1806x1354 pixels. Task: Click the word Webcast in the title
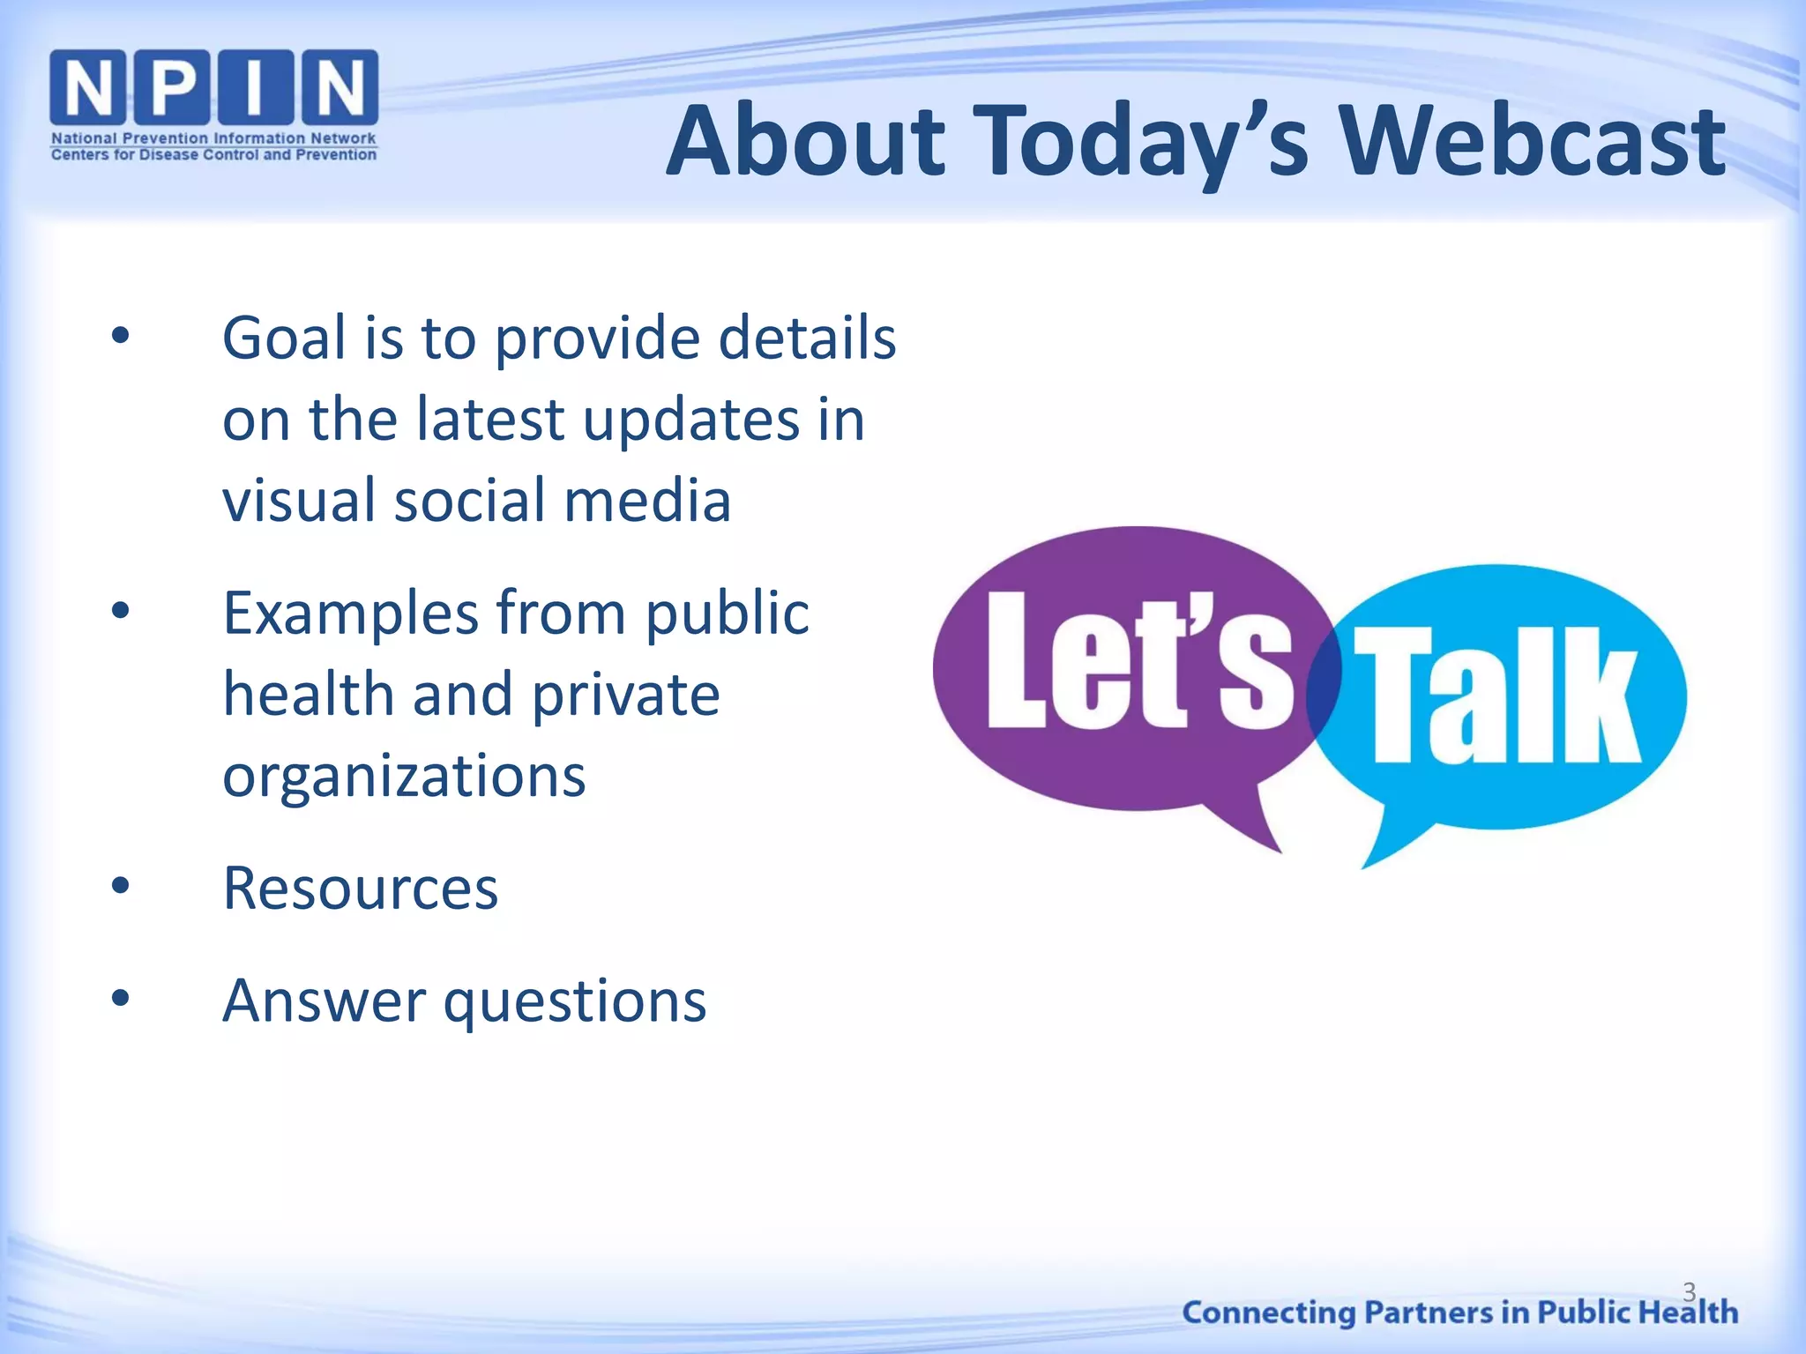1532,141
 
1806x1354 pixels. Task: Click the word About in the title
805,141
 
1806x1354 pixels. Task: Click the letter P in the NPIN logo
173,86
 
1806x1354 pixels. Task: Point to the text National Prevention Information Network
213,138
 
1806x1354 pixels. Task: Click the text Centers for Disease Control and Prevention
213,155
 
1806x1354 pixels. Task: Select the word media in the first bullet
647,500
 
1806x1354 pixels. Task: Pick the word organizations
404,776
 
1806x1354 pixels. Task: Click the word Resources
361,888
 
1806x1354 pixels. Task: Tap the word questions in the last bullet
575,1001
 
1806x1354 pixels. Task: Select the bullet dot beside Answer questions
121,999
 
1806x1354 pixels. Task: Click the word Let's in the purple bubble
1138,661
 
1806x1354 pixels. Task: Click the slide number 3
1689,1291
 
